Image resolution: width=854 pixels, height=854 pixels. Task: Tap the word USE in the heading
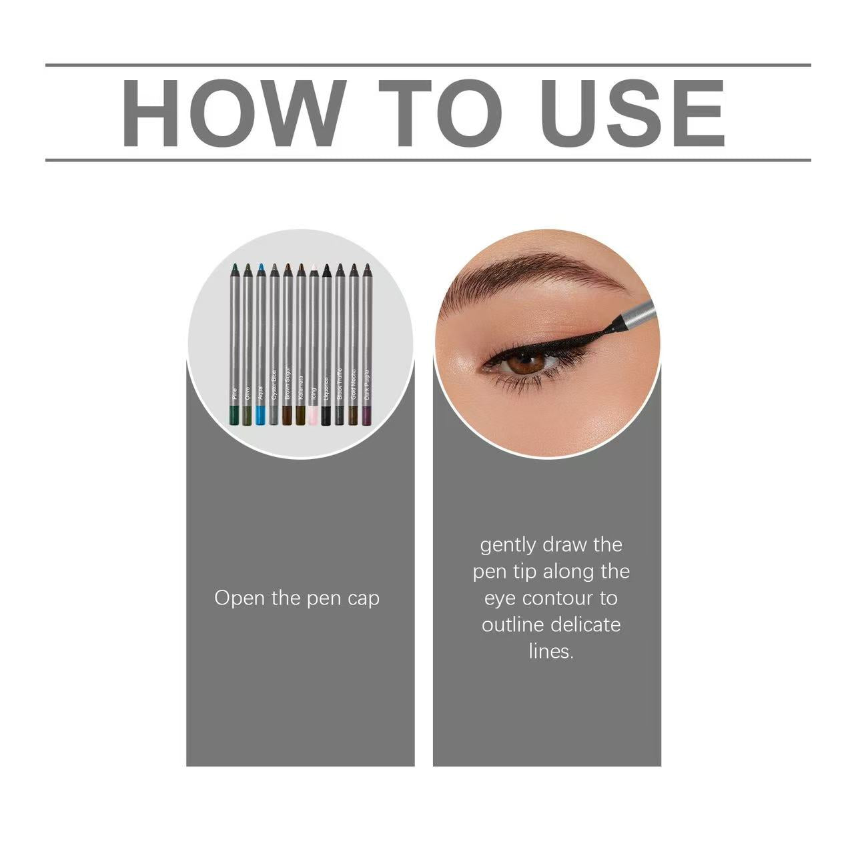[x=632, y=113]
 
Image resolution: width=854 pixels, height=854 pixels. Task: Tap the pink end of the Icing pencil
[x=313, y=416]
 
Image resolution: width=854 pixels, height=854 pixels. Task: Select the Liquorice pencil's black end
[x=326, y=416]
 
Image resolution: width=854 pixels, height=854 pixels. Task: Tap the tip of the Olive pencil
[x=248, y=268]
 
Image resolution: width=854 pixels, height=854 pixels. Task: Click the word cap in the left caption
[x=364, y=598]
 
